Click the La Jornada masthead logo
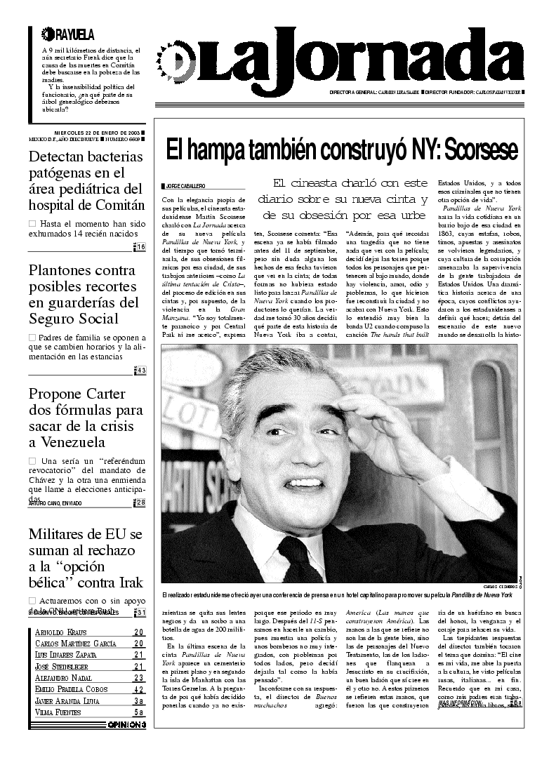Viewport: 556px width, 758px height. [x=323, y=59]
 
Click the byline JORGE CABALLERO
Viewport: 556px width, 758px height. [x=185, y=187]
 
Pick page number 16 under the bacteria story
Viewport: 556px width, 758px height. [x=141, y=246]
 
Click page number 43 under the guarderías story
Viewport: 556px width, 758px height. [x=141, y=370]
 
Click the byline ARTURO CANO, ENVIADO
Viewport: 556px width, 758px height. [x=55, y=503]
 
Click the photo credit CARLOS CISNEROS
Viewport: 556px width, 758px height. [x=500, y=587]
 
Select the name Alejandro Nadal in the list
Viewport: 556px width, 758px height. [x=64, y=678]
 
